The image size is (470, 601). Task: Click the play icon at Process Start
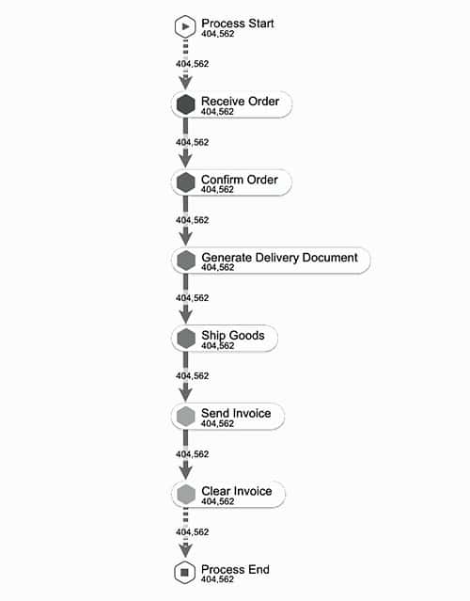185,27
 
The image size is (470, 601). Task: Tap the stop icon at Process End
185,573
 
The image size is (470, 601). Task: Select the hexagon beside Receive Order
186,104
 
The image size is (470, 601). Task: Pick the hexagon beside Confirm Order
186,182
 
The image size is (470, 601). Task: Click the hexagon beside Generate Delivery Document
186,261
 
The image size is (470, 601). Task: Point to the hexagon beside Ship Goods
186,339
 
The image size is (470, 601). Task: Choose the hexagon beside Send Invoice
186,417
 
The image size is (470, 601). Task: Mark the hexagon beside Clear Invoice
186,495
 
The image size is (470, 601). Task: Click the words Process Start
238,24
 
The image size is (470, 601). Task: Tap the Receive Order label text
241,102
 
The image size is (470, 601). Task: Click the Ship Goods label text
233,336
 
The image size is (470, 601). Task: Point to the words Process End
235,569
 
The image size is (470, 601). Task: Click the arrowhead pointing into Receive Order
186,83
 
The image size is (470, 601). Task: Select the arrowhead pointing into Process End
186,550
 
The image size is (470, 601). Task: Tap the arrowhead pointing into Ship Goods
186,316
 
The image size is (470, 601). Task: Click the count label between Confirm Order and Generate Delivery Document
193,220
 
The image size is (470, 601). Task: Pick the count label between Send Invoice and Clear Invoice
193,454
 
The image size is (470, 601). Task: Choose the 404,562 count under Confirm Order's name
217,189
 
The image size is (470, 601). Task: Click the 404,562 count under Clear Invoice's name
217,501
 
